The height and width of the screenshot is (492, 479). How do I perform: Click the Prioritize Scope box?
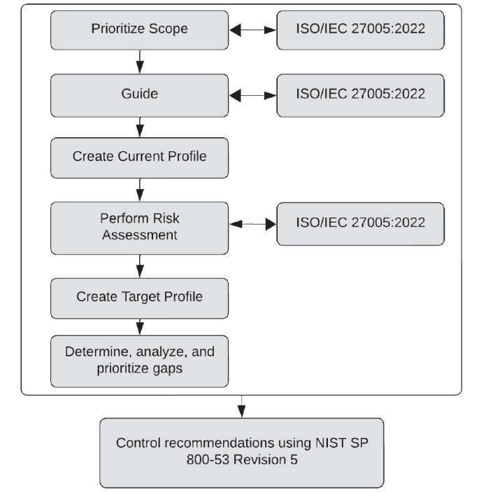coord(139,30)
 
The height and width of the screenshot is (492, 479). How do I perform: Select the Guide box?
coord(139,94)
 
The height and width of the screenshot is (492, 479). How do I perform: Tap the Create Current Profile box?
coord(139,157)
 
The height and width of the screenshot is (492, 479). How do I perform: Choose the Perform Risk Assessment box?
coord(139,227)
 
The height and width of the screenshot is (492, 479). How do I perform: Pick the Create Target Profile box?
coord(139,297)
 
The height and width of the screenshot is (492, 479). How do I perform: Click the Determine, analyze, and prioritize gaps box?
coord(139,360)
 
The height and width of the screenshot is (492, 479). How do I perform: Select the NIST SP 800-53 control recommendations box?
coord(241,452)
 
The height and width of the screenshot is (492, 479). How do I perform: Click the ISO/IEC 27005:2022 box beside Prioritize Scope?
coord(361,30)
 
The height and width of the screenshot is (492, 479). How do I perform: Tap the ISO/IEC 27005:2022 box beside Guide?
coord(361,94)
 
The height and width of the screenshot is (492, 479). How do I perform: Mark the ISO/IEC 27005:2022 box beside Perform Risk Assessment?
coord(361,224)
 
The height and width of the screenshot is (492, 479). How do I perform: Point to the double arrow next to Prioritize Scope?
coord(252,31)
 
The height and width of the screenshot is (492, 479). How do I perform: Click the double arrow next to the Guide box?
coord(252,94)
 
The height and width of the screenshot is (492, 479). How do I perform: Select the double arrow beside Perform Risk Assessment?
coord(252,225)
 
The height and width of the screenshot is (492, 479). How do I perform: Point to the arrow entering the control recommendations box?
coord(241,406)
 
